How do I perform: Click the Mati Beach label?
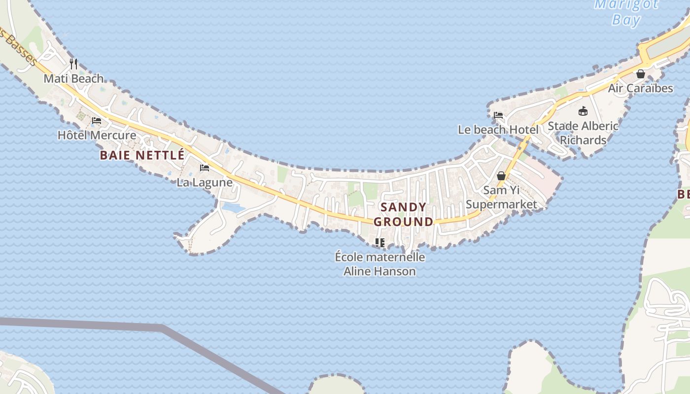click(73, 78)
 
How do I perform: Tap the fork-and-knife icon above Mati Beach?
click(73, 64)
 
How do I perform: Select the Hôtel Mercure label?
click(97, 135)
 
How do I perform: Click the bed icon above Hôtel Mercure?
click(97, 120)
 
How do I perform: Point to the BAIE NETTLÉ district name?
click(142, 155)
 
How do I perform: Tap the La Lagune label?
click(205, 182)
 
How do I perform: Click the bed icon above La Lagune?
click(205, 168)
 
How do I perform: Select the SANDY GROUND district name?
click(403, 214)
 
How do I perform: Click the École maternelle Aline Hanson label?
click(379, 264)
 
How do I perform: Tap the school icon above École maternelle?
click(379, 242)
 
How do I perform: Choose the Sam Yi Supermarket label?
click(501, 197)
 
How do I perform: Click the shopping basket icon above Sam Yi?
click(501, 176)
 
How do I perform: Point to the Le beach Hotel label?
click(498, 130)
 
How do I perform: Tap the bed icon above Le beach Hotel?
click(498, 115)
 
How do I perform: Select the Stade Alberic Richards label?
click(583, 133)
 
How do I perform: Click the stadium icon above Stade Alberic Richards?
click(583, 111)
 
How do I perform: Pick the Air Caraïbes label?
click(640, 88)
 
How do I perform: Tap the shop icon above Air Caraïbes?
click(640, 74)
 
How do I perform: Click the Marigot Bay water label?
click(626, 12)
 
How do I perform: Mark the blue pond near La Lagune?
click(233, 207)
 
